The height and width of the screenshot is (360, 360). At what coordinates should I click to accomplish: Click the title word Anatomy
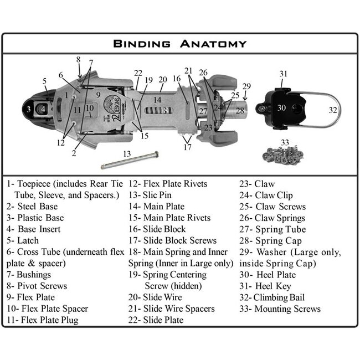coord(212,44)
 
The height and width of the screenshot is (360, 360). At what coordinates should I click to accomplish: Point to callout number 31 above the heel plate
coord(283,74)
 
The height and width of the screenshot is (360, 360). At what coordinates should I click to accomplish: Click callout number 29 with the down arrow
coord(246,86)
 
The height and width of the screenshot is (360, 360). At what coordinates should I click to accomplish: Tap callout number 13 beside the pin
coord(127,153)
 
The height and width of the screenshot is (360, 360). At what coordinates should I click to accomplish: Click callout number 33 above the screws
coord(285,142)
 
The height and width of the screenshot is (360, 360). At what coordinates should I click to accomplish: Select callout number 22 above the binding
coord(138,73)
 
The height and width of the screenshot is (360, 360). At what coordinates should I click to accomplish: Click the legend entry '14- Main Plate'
coord(156,207)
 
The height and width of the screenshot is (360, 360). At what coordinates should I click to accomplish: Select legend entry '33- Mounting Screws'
coord(280,309)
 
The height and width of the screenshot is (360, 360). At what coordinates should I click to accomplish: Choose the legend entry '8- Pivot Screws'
coord(37,286)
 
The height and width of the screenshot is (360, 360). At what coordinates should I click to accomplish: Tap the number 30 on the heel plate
coord(281,108)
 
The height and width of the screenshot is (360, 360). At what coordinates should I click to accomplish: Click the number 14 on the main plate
coord(157,100)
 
